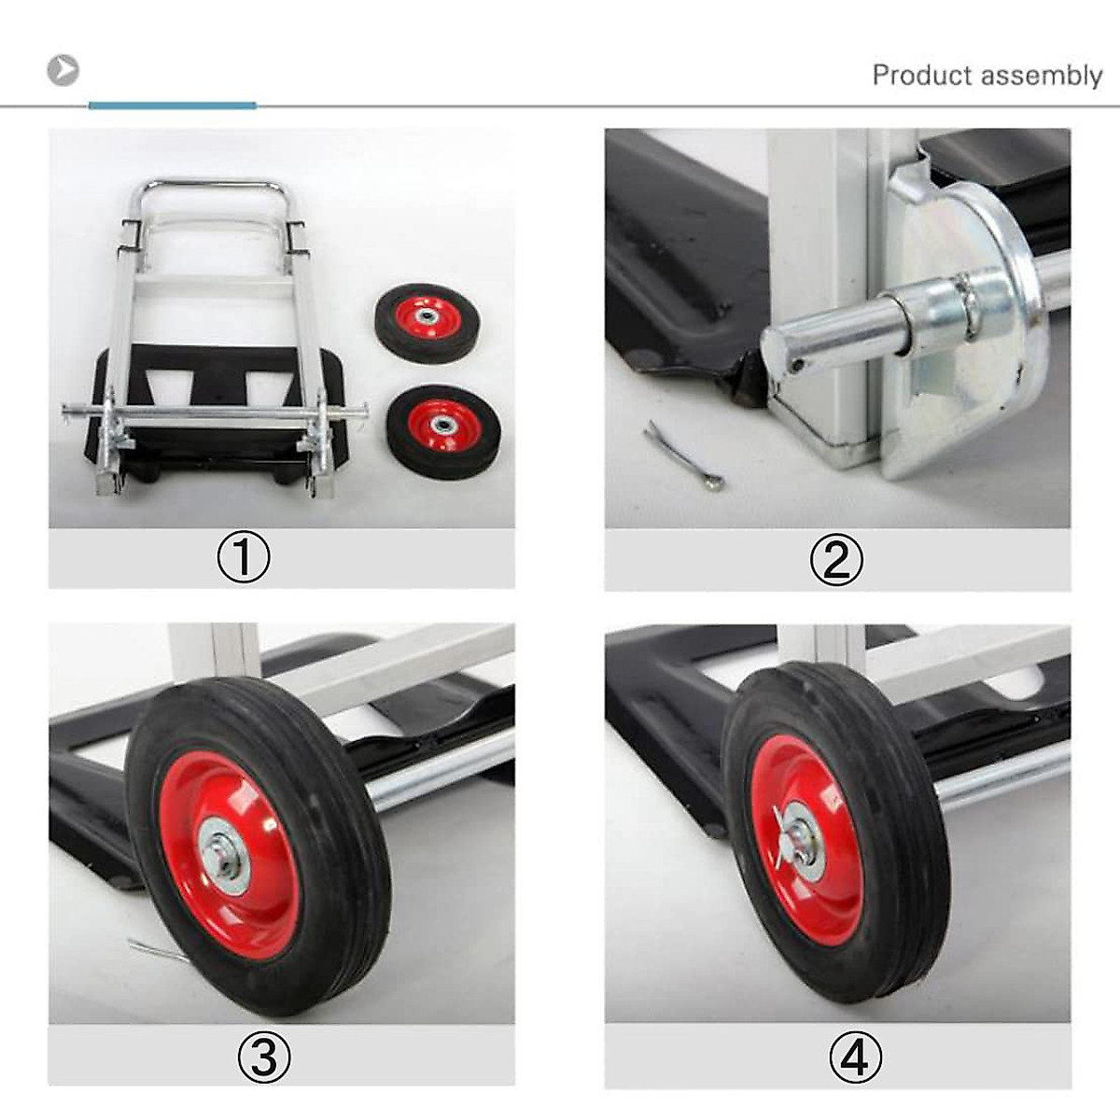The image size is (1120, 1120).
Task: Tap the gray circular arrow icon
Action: tap(63, 70)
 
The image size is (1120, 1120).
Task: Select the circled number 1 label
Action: tap(244, 558)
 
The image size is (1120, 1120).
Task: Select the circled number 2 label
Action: tap(836, 560)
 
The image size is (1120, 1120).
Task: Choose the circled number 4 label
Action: tap(855, 1057)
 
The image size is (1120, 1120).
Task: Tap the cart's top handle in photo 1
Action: tap(207, 186)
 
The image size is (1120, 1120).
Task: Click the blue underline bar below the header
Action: tap(172, 105)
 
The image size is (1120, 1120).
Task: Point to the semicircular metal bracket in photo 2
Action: tap(971, 373)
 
